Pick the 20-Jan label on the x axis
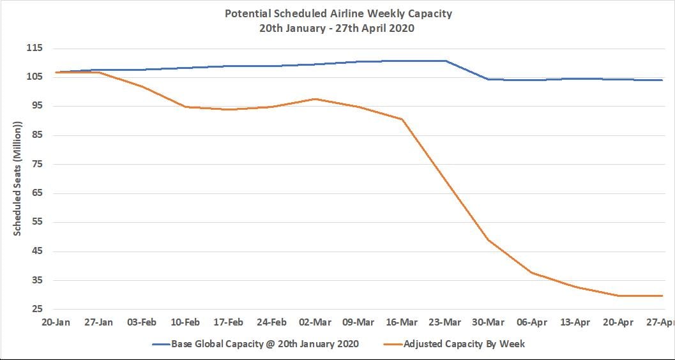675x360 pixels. pos(55,322)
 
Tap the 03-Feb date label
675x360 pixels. pos(142,322)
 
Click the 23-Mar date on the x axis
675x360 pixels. pos(445,322)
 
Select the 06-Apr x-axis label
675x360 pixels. pos(532,322)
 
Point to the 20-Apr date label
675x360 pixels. pos(618,322)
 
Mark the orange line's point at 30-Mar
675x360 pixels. pos(489,240)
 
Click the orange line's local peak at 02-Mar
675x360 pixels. pos(315,99)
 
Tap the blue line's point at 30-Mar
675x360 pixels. pos(489,79)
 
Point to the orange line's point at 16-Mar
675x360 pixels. pos(402,119)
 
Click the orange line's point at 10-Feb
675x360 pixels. pos(185,107)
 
